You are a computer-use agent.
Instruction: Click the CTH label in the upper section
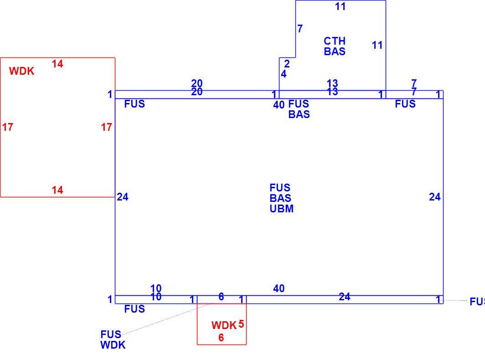coord(335,41)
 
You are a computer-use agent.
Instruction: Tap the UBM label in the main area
coord(282,209)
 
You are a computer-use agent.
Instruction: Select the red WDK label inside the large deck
coord(22,71)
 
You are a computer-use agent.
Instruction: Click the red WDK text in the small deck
coord(224,325)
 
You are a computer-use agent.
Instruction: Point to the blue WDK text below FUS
coord(113,345)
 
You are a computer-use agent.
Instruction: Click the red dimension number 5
coord(241,324)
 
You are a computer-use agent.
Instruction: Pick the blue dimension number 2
coord(287,64)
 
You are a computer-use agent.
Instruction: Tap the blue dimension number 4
coord(284,74)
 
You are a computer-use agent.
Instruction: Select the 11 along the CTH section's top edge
coord(340,6)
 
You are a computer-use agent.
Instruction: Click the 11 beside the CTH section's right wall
coord(377,45)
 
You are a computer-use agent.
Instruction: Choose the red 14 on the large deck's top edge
coord(57,64)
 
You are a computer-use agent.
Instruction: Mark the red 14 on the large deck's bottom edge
coord(57,190)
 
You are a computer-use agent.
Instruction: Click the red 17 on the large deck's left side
coord(8,127)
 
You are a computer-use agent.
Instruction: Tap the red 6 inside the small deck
coord(221,337)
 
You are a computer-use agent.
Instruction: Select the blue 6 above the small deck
coord(221,297)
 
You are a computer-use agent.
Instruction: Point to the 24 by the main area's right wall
coord(434,197)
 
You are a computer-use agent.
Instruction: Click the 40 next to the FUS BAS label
coord(279,105)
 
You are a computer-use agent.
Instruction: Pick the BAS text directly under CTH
coord(335,51)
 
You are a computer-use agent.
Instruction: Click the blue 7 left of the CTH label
coord(300,28)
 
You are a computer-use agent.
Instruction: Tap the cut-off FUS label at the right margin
coord(477,302)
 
